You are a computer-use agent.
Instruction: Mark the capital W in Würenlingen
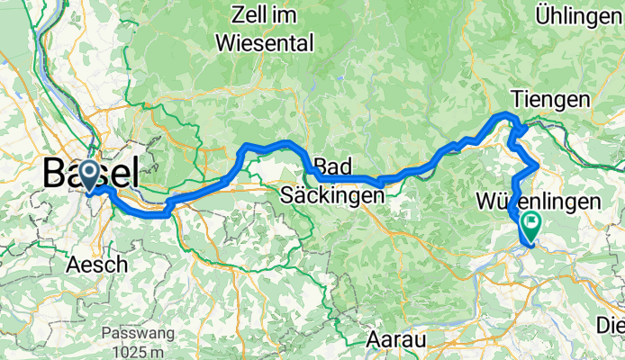pyautogui.click(x=489, y=202)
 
